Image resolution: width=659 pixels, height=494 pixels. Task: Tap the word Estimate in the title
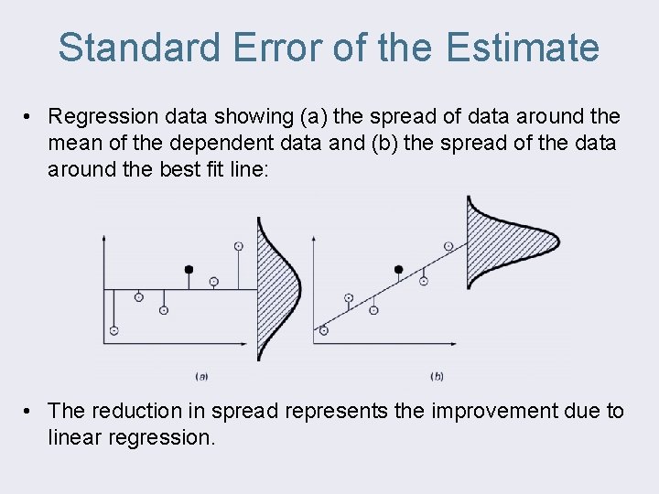point(524,47)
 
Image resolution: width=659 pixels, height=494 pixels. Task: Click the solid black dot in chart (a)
point(189,270)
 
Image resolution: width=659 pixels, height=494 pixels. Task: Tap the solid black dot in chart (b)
point(398,270)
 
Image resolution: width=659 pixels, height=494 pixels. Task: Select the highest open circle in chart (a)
point(239,246)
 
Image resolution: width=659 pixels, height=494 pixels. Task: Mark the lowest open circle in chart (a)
point(113,330)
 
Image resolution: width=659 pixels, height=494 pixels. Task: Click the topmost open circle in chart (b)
point(448,246)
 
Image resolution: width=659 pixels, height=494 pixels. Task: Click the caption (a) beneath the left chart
point(201,375)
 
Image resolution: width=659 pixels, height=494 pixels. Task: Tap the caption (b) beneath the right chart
point(437,375)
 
